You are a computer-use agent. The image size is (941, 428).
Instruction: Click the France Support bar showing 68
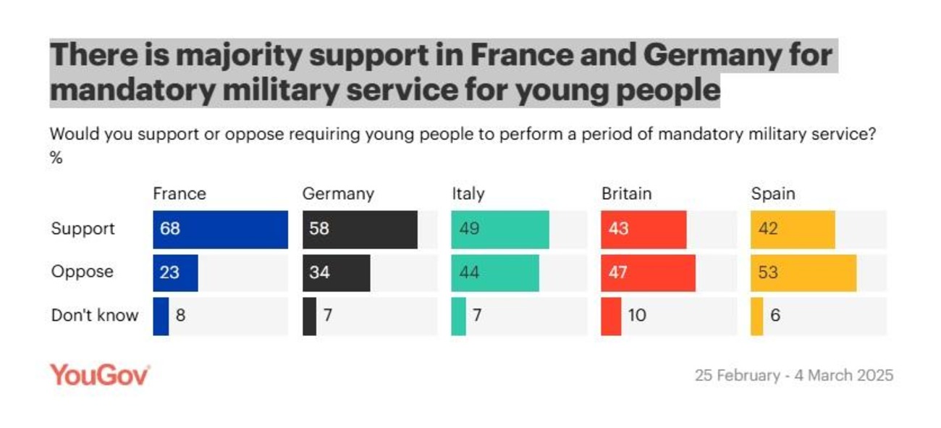(x=220, y=230)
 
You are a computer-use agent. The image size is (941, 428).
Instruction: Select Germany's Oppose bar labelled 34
(x=336, y=273)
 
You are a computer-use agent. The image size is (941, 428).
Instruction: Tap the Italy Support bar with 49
(x=499, y=230)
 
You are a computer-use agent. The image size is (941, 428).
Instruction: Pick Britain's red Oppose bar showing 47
(x=648, y=273)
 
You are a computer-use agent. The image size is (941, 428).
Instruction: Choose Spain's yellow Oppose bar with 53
(x=803, y=273)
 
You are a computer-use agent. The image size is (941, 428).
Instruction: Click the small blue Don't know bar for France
(x=161, y=316)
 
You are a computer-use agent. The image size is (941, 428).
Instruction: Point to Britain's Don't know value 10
(x=637, y=316)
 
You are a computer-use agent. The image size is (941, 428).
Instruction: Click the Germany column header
(x=338, y=194)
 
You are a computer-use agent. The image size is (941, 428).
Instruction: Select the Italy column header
(x=468, y=194)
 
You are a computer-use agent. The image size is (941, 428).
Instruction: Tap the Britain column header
(x=626, y=194)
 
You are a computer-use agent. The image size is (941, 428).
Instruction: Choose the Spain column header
(x=772, y=194)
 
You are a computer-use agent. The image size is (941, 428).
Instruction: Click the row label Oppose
(x=82, y=272)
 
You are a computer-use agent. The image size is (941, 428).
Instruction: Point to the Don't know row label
(x=94, y=316)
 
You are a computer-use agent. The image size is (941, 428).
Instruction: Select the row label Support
(x=83, y=229)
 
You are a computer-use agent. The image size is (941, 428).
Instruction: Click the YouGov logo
(x=100, y=375)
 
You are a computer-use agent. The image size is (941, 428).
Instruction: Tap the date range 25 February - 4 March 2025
(x=794, y=376)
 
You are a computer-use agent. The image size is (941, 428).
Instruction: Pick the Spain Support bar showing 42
(x=793, y=230)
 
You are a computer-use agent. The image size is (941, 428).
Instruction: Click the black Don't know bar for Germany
(x=309, y=316)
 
